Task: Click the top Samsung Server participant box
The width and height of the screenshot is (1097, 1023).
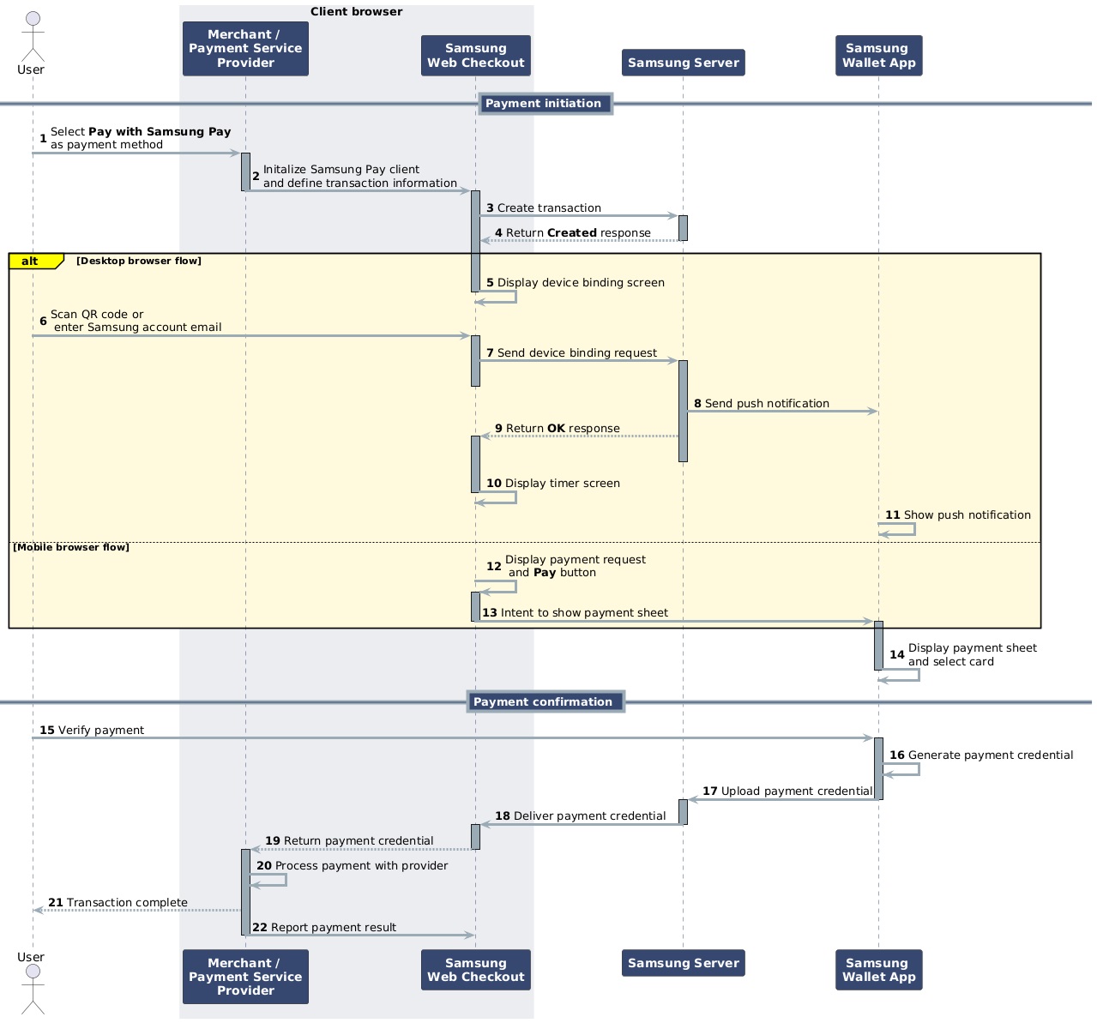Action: point(683,63)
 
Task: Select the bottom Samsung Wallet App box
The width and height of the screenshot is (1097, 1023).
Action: point(878,969)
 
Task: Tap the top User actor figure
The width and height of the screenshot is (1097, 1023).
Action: point(31,34)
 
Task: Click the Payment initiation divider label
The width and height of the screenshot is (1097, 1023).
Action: point(544,104)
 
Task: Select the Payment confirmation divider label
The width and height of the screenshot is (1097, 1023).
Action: point(544,701)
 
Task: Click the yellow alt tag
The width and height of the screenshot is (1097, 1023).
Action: point(32,262)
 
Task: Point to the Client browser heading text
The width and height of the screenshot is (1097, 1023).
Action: point(356,12)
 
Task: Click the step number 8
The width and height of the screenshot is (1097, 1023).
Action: point(697,404)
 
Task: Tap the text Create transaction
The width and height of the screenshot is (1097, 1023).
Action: point(549,208)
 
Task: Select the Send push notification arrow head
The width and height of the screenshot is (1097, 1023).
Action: point(871,412)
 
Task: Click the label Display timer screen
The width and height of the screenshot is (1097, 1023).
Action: point(562,484)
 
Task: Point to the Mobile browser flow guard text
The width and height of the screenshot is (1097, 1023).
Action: point(71,547)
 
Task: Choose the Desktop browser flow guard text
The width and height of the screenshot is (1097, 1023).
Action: point(138,261)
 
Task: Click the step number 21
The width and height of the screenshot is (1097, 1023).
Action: point(55,903)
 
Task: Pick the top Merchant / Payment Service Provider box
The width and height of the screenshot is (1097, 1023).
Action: point(245,49)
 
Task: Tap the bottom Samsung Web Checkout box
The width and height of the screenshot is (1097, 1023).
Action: point(475,969)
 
